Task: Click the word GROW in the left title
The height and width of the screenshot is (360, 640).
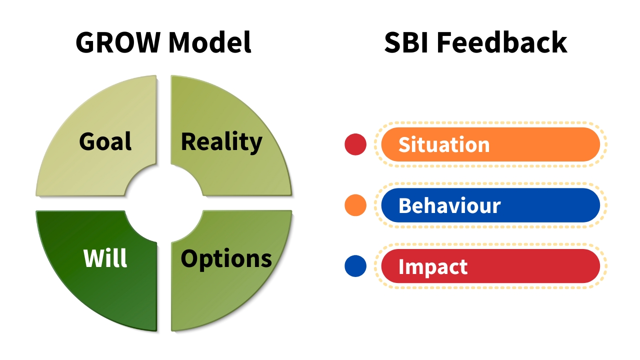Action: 118,42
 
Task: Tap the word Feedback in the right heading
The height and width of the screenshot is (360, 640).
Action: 502,42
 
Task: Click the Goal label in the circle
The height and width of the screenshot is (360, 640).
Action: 105,141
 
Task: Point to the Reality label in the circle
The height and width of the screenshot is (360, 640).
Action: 221,141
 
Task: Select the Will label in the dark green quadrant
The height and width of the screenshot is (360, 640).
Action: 105,258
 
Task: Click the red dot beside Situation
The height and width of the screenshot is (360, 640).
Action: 355,144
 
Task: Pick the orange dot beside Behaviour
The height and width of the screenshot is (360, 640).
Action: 355,205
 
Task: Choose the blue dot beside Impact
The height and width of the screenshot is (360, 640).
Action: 355,266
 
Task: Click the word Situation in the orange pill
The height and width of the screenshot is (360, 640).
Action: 444,145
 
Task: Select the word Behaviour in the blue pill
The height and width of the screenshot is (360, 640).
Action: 449,205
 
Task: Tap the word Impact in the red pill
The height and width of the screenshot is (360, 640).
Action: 433,267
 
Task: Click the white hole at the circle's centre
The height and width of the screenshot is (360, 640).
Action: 164,203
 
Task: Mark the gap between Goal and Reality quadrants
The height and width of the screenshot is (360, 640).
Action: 164,120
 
